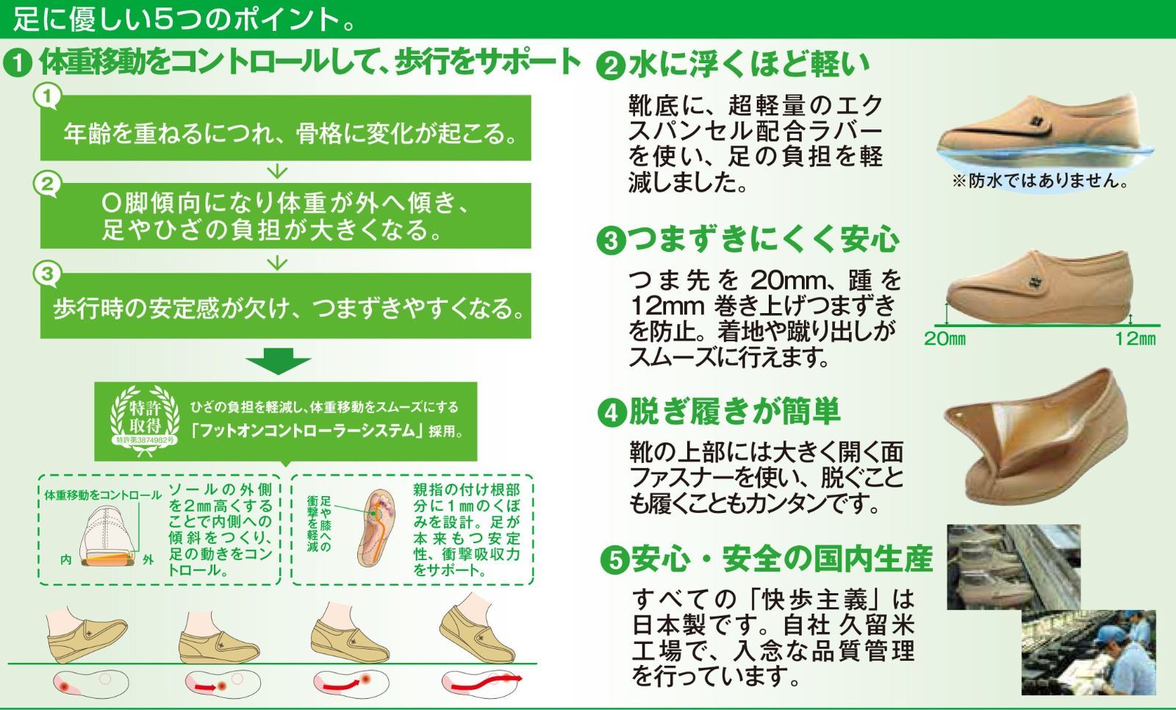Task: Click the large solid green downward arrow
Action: (279, 361)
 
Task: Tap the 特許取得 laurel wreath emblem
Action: (145, 420)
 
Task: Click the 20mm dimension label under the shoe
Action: (944, 339)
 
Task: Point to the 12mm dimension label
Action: (1135, 339)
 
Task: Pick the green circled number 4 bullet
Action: (612, 413)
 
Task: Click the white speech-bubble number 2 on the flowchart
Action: (47, 184)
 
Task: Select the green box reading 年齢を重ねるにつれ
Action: (286, 128)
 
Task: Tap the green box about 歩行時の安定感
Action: (286, 306)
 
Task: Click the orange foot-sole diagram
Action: (376, 528)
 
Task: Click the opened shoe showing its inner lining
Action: (1037, 437)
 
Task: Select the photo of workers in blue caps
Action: (1089, 652)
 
